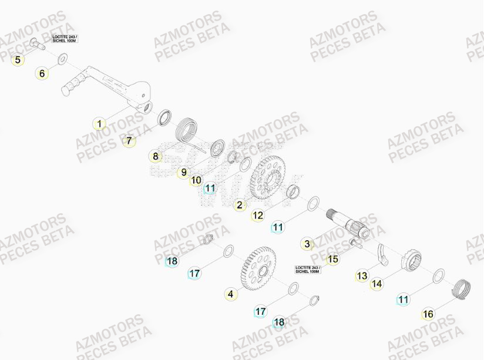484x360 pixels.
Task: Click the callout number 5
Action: (18, 59)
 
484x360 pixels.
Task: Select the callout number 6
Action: (42, 73)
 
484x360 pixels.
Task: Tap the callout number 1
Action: (100, 123)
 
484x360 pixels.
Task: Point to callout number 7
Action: (129, 141)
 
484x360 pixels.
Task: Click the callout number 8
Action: (156, 156)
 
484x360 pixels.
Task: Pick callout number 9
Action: (184, 172)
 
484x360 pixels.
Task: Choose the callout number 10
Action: (196, 180)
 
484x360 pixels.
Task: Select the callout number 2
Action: (239, 205)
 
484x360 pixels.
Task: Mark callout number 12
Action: (258, 216)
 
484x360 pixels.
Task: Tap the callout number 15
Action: (333, 258)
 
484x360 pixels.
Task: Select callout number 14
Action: (377, 284)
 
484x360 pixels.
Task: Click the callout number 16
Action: (428, 314)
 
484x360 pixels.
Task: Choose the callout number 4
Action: (231, 294)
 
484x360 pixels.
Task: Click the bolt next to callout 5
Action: (39, 42)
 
